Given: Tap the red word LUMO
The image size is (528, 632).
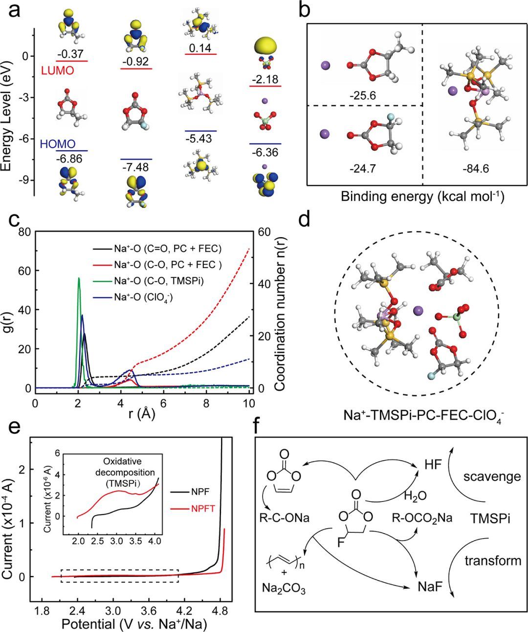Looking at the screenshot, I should click(x=57, y=70).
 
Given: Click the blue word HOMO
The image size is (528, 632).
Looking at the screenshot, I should click(x=58, y=144).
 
